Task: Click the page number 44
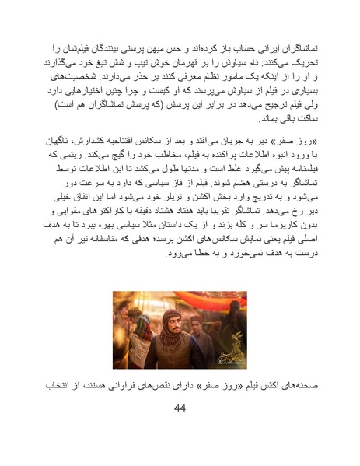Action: pos(180,408)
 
